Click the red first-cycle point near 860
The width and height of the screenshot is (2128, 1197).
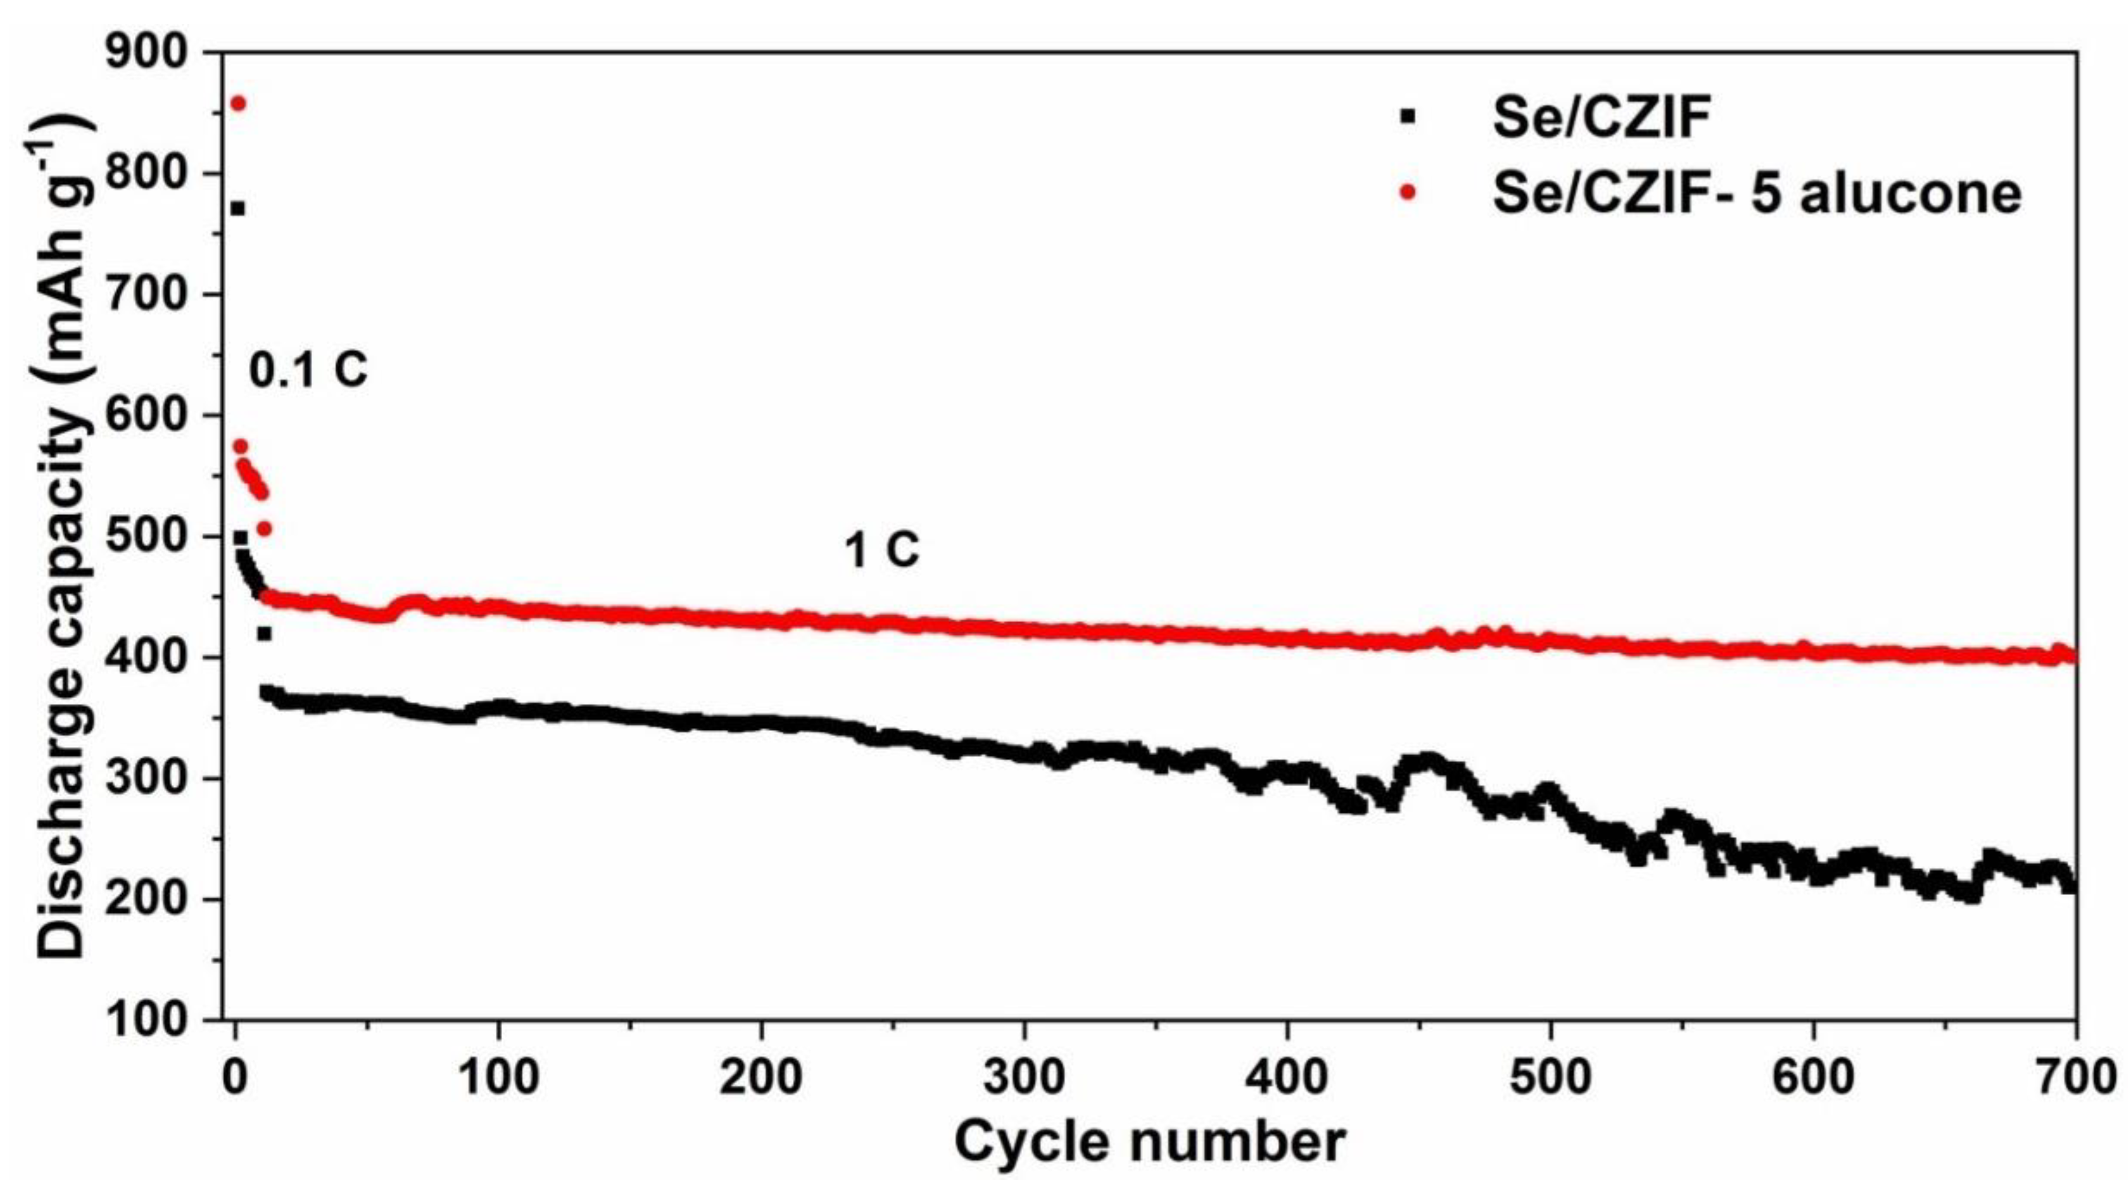(x=238, y=103)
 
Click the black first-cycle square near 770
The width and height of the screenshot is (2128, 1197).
(x=238, y=208)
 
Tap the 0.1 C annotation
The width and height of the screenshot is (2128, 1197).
(x=308, y=371)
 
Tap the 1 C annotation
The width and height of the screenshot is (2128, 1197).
(x=881, y=549)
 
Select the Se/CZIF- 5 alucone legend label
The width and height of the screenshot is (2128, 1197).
(x=1756, y=193)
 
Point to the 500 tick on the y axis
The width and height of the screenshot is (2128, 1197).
(x=155, y=537)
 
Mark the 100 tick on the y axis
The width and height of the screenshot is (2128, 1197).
(x=155, y=1021)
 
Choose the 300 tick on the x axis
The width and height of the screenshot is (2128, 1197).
(x=1024, y=1079)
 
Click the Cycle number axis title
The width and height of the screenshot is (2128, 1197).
(x=1150, y=1143)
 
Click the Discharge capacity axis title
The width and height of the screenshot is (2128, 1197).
(x=62, y=537)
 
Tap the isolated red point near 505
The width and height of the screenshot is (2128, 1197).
(x=265, y=529)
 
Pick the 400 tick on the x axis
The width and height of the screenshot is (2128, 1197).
(x=1286, y=1079)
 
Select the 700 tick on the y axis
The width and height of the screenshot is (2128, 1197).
(x=155, y=295)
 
